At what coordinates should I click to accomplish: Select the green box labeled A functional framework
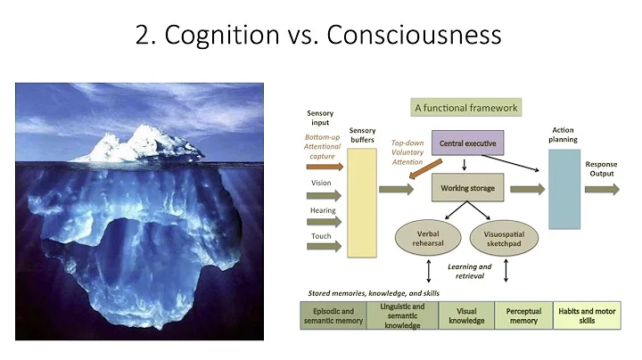(x=465, y=108)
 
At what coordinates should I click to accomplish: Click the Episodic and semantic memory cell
(x=333, y=315)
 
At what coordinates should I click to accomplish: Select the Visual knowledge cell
(x=466, y=315)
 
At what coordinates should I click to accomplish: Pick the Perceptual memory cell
(x=523, y=315)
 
